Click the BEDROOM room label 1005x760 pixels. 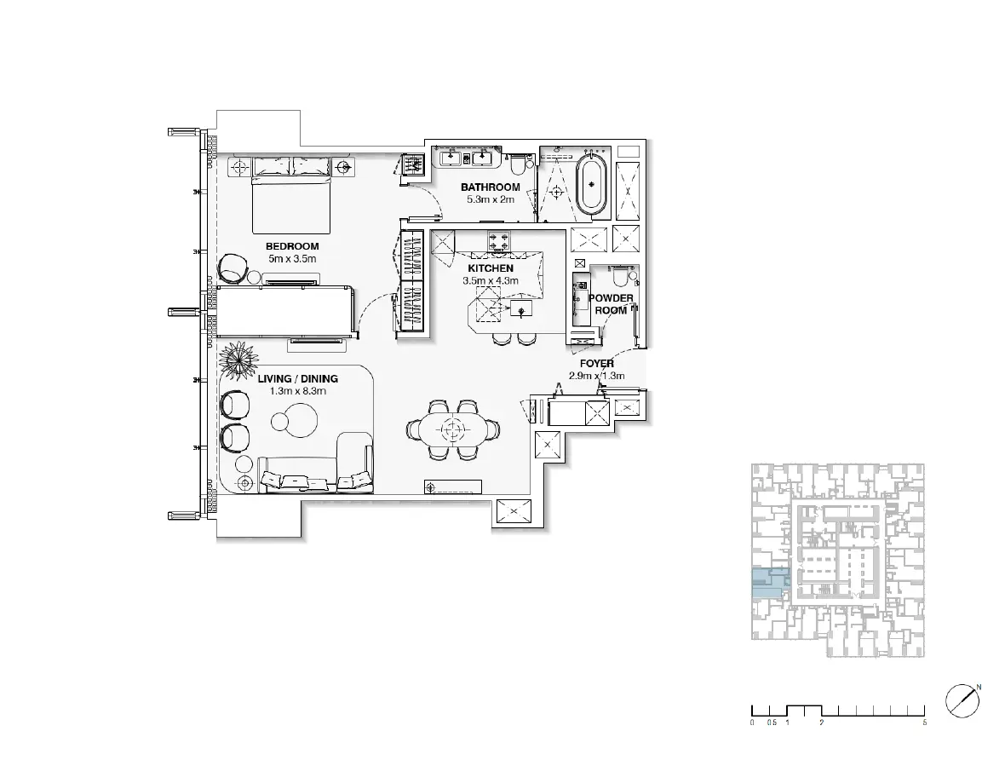pos(292,246)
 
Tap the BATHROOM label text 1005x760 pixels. pos(491,187)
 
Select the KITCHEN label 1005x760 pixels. pos(491,268)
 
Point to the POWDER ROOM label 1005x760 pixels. pos(611,304)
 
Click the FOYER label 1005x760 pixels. pos(597,364)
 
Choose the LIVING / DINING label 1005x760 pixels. pos(298,379)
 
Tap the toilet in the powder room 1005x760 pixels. pos(620,277)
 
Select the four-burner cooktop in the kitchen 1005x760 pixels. pos(499,243)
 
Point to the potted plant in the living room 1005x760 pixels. pos(238,360)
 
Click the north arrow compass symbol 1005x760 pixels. pos(962,700)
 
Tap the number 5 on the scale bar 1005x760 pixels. pos(924,723)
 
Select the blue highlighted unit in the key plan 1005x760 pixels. pos(770,584)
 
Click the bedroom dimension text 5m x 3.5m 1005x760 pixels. pos(292,259)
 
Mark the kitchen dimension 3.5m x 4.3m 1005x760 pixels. pos(491,281)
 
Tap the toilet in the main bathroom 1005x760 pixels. pos(517,166)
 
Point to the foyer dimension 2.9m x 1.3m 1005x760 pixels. pos(597,377)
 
